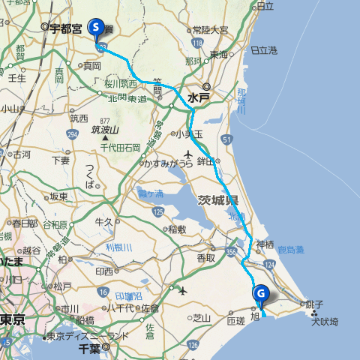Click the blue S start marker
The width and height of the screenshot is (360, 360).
pyautogui.click(x=96, y=28)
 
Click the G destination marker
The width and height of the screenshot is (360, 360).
pyautogui.click(x=260, y=294)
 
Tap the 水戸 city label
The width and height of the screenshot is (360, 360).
pyautogui.click(x=199, y=97)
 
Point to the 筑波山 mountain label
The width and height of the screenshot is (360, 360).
pyautogui.click(x=105, y=130)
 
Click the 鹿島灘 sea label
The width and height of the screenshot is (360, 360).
pyautogui.click(x=289, y=247)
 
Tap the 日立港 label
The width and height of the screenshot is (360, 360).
pyautogui.click(x=263, y=50)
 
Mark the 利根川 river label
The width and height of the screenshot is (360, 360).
pyautogui.click(x=118, y=247)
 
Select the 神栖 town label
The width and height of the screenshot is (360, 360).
pyautogui.click(x=265, y=244)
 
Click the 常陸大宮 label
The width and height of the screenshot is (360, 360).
pyautogui.click(x=210, y=30)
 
